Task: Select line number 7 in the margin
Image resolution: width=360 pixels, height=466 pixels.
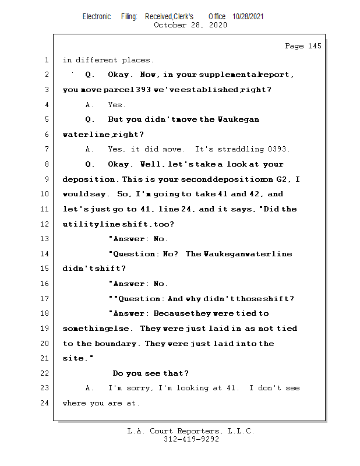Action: (x=46, y=150)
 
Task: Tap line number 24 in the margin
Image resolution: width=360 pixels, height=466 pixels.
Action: (x=44, y=403)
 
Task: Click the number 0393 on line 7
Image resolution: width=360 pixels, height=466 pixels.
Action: (x=279, y=150)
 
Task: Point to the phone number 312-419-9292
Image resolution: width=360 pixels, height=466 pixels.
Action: (x=191, y=439)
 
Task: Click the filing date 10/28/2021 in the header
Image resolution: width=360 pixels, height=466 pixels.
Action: (x=248, y=17)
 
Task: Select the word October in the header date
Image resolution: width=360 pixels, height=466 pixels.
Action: (x=169, y=25)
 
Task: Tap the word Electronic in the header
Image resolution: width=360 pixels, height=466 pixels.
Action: (x=97, y=17)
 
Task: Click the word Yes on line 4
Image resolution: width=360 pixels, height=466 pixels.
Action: (x=117, y=105)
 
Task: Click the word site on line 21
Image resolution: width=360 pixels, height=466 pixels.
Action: (x=72, y=358)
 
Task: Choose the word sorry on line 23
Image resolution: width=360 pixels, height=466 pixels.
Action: (x=135, y=389)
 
